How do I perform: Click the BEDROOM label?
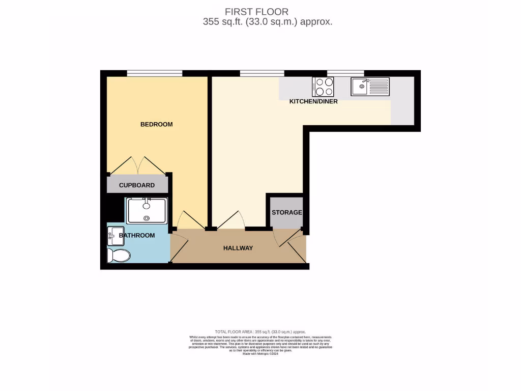coord(156,124)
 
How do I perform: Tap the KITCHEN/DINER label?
coord(313,101)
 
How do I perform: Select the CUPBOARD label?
coord(137,185)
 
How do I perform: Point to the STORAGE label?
coord(286,212)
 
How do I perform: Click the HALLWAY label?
coord(238,248)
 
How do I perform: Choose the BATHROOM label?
coord(137,235)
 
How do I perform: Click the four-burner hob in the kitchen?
coord(323,87)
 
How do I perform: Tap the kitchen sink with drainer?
coord(370,87)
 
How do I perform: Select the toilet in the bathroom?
coord(118,255)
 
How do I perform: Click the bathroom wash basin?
coord(112,236)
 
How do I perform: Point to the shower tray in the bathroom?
coord(147,210)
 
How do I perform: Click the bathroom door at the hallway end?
coord(178,247)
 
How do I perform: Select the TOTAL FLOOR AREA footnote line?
coord(260,331)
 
